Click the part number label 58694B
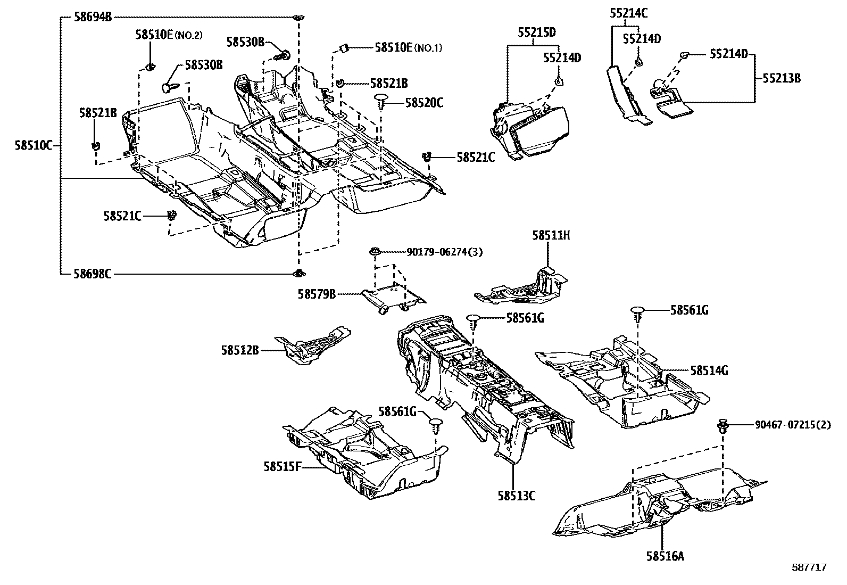tap(93, 18)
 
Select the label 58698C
tap(93, 275)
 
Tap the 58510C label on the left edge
tap(33, 145)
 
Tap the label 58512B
tap(240, 350)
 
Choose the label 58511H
tap(551, 235)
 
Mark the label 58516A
tap(665, 556)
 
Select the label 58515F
tap(282, 467)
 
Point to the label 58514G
tap(709, 370)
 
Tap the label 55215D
tap(536, 33)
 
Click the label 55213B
tap(781, 78)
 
